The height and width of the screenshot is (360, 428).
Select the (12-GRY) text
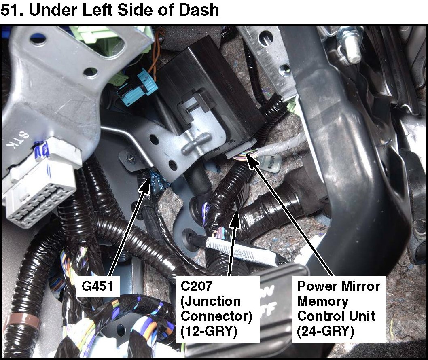pyautogui.click(x=209, y=331)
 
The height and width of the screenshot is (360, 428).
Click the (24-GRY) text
pyautogui.click(x=325, y=331)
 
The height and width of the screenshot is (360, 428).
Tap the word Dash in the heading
pyautogui.click(x=199, y=10)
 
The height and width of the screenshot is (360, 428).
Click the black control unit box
pyautogui.click(x=206, y=97)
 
